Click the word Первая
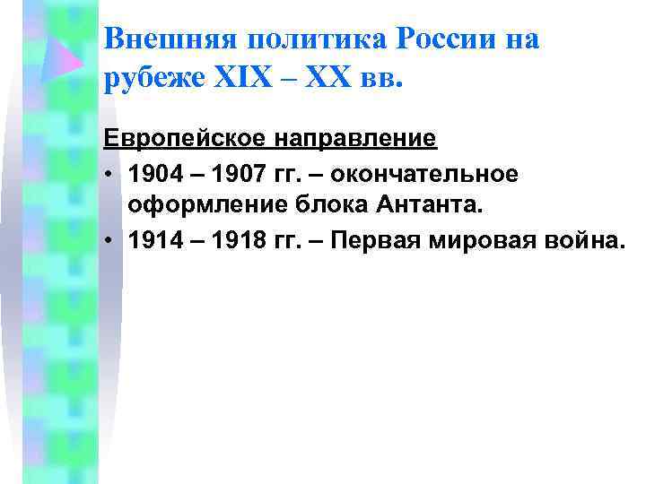[x=367, y=239]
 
